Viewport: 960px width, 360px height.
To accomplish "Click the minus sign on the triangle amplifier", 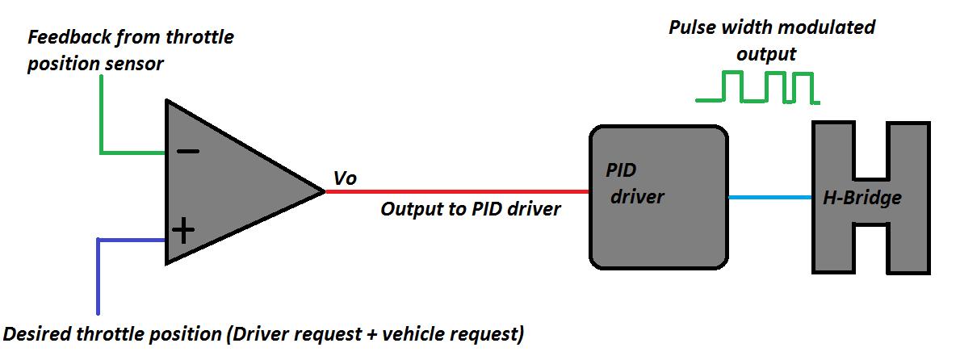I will tap(188, 151).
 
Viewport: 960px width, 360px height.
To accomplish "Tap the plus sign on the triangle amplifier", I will tap(184, 232).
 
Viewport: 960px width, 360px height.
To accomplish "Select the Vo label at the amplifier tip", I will tap(346, 178).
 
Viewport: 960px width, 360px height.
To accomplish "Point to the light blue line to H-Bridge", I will tap(769, 196).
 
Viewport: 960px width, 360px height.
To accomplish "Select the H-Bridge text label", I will tap(861, 197).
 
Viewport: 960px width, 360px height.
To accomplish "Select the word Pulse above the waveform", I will tap(694, 27).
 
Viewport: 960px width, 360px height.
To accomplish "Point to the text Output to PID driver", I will tap(470, 209).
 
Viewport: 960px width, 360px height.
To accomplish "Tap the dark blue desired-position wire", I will tap(98, 274).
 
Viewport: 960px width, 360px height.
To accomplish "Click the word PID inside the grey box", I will tap(622, 171).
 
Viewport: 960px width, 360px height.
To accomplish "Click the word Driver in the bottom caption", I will tap(260, 333).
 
